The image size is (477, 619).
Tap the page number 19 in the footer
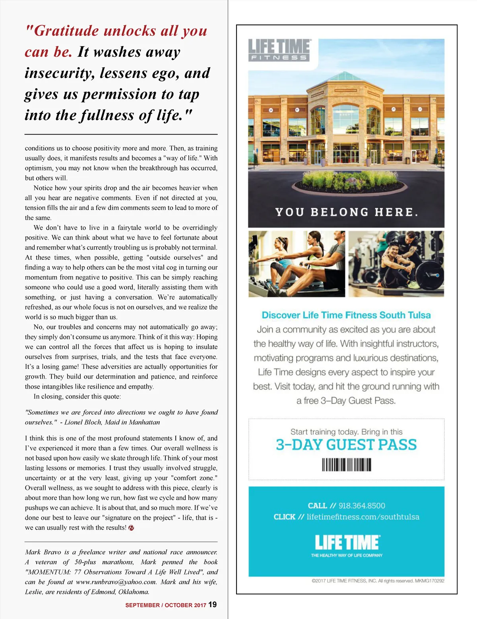tap(213, 604)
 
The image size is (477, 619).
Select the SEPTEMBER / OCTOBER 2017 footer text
tap(166, 605)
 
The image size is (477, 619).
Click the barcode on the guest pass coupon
tap(346, 464)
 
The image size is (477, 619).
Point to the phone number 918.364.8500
tap(362, 505)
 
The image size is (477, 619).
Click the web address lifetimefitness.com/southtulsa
tap(363, 517)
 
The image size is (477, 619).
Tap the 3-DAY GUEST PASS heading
tap(346, 445)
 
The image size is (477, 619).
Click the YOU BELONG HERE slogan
tap(347, 212)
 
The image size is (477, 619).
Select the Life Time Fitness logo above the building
tap(279, 50)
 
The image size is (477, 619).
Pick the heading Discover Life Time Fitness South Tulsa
tap(346, 315)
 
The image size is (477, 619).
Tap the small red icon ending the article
tap(132, 528)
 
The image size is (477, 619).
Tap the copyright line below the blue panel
tap(378, 581)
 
